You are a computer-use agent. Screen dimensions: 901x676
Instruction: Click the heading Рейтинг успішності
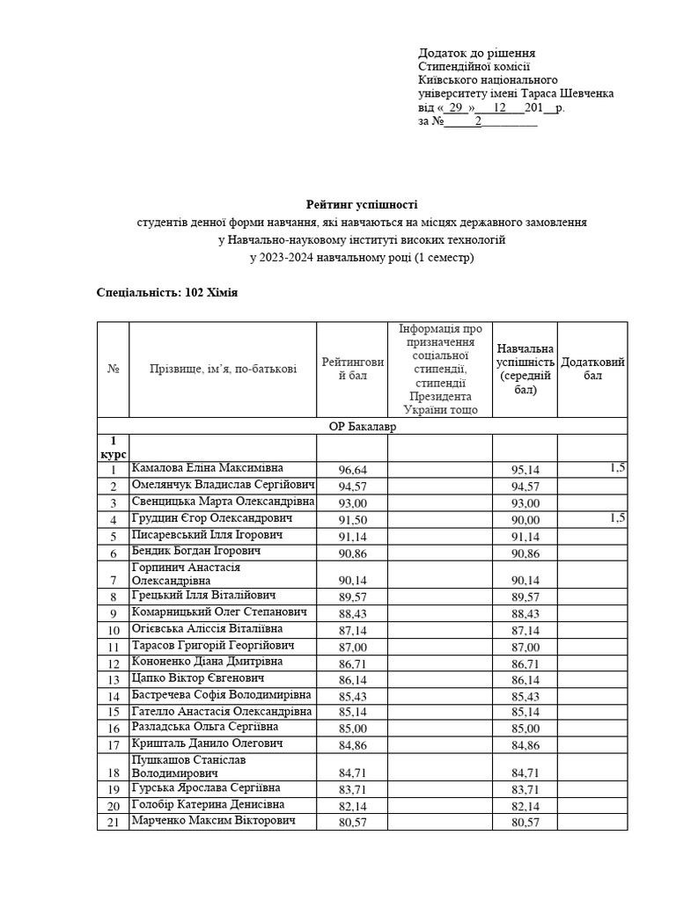coord(362,203)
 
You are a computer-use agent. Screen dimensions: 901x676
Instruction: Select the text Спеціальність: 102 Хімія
coord(167,291)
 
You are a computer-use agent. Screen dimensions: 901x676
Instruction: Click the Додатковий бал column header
coord(592,369)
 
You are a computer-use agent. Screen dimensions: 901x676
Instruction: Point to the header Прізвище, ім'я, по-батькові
coord(223,369)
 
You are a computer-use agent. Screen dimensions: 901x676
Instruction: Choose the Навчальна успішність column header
coord(525,369)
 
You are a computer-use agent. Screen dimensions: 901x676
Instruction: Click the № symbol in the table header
coord(113,369)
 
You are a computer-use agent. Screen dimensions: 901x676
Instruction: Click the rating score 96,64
coord(352,470)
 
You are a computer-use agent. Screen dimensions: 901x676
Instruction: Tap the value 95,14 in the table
coord(525,470)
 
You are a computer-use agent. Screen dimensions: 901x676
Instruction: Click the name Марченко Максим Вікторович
coord(213,820)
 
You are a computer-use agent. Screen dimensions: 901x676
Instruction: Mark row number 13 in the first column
coord(114,680)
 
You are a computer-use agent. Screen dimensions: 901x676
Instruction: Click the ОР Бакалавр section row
coord(362,426)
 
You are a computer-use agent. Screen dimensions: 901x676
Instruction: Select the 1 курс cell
coord(113,446)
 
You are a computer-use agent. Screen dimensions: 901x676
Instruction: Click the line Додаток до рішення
coord(476,53)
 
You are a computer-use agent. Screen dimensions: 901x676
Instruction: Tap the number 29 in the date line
coord(454,107)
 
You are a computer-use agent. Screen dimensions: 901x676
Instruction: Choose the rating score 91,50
coord(352,520)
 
